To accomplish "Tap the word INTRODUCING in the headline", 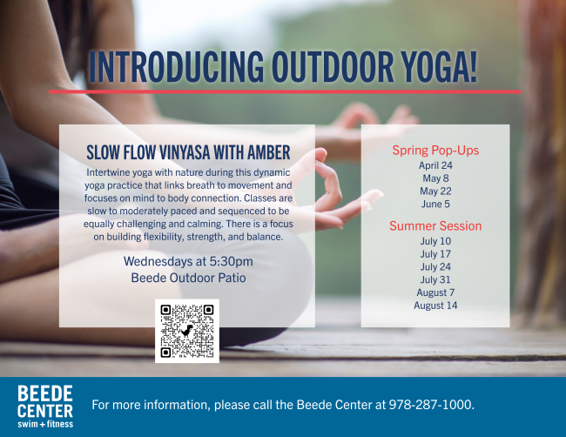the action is [176, 67].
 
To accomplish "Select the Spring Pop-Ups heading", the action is [435, 151].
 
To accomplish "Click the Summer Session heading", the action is [435, 225].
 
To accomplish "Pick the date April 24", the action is [435, 165].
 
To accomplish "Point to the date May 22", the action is [435, 192].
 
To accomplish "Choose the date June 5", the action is [435, 205].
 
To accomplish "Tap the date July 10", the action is [435, 241].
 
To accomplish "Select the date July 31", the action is [435, 279].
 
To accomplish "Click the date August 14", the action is [435, 306].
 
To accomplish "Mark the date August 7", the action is [435, 292].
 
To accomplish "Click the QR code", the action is [187, 331].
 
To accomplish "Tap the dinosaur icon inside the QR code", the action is [187, 331].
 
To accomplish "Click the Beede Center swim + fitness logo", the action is [45, 407].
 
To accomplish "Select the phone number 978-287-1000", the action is [430, 405].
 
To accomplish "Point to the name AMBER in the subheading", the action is [268, 152].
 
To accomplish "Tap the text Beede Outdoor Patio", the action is [188, 278].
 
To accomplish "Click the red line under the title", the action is [285, 91].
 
